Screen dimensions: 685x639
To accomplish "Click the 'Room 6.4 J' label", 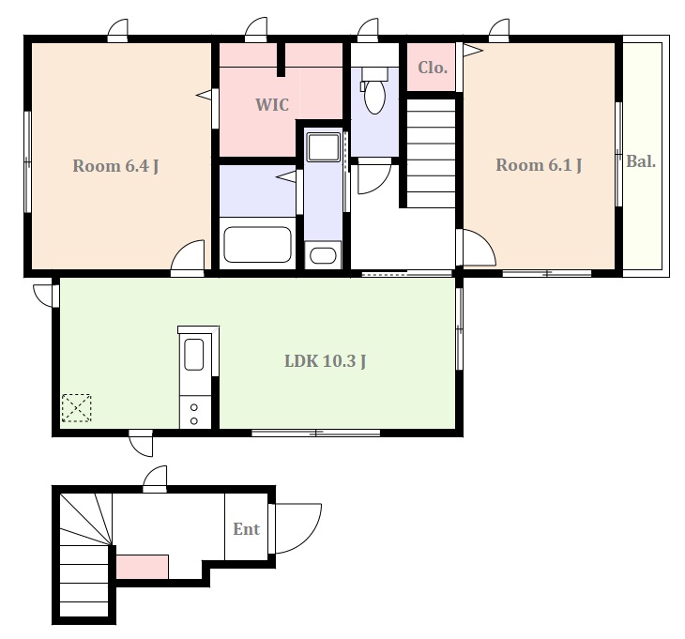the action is (115, 166).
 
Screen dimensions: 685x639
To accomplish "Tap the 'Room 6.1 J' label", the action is (539, 165).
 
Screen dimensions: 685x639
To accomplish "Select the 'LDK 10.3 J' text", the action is (326, 361).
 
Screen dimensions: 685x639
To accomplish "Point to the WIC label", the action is (272, 105).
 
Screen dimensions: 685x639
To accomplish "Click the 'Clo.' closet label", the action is (433, 68).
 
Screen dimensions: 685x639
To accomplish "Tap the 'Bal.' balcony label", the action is (641, 161).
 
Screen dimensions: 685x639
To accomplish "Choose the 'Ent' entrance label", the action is (247, 529).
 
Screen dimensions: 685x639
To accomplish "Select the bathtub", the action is (257, 245).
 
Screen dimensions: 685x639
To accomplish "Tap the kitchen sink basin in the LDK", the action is (194, 355).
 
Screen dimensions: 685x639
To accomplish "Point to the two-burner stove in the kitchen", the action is (195, 413).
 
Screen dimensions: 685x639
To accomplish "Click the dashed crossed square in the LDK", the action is (76, 408).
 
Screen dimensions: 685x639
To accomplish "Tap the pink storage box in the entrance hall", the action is (143, 567).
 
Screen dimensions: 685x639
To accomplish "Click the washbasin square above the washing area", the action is (324, 147).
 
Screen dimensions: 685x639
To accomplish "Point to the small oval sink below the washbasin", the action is (323, 255).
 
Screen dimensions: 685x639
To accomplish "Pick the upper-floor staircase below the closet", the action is (432, 153).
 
